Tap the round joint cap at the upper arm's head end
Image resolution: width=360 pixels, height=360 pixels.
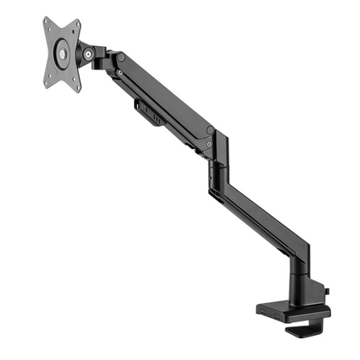[121, 59]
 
